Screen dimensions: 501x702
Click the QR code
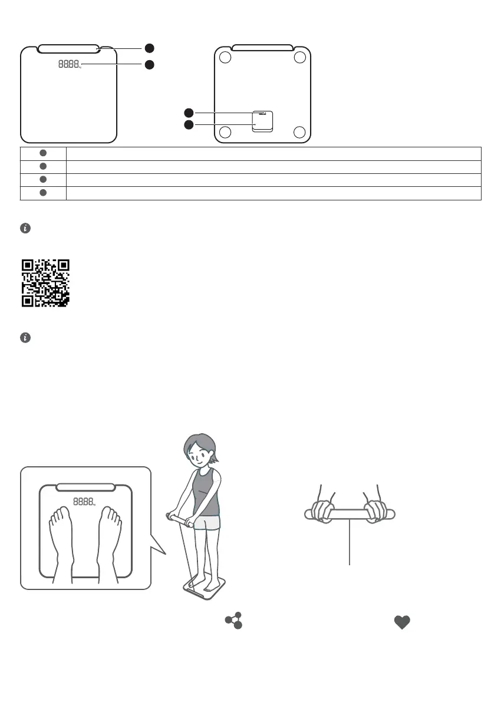point(45,283)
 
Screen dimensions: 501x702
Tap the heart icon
point(401,622)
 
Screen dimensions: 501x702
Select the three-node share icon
point(233,621)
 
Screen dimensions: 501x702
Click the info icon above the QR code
point(25,228)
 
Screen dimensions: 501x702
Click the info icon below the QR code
point(25,338)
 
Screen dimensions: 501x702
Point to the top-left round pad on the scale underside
point(224,58)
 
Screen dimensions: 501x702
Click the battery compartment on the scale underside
point(262,121)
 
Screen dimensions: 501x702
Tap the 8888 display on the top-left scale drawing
point(70,64)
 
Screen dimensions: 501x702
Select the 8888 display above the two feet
point(83,502)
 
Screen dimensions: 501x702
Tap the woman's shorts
point(207,522)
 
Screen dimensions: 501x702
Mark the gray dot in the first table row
point(43,153)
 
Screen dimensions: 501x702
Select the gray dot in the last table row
point(43,193)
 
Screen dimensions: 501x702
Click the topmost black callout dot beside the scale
point(150,48)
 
